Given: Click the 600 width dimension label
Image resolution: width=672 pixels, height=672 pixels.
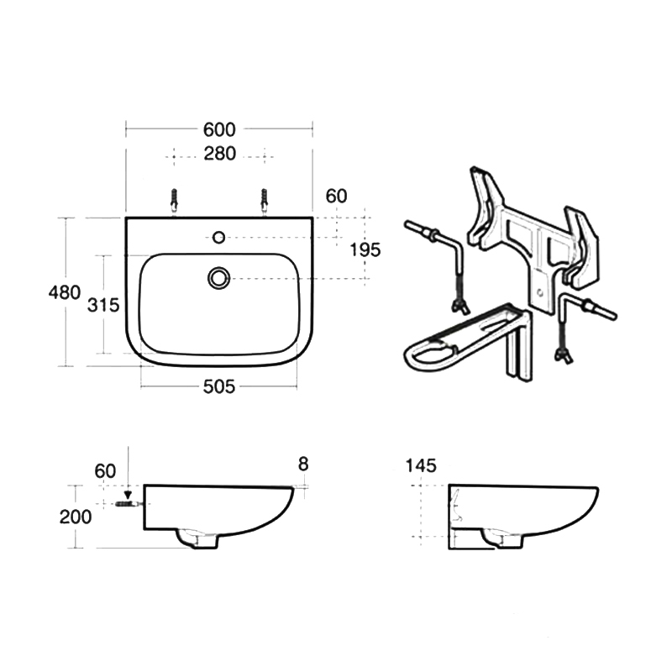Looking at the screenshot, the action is pyautogui.click(x=219, y=129).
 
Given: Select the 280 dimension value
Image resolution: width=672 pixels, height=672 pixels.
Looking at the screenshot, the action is pyautogui.click(x=219, y=154).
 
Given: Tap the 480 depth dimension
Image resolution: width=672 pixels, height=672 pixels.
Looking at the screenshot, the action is pyautogui.click(x=65, y=292).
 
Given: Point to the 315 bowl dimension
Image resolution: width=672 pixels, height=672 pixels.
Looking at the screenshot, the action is pyautogui.click(x=103, y=305).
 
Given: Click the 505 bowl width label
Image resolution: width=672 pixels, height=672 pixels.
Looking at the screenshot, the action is pyautogui.click(x=219, y=386).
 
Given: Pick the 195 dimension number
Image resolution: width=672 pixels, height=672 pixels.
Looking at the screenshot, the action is pyautogui.click(x=365, y=249).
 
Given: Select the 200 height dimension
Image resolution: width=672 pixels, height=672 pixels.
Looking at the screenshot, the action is pyautogui.click(x=76, y=517).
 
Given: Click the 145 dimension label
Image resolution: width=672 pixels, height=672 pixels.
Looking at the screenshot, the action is pyautogui.click(x=421, y=465).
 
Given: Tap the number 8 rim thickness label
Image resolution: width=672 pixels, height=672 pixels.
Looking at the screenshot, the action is pyautogui.click(x=303, y=464).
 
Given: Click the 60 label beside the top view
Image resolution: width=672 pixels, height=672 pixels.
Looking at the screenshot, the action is pyautogui.click(x=336, y=197).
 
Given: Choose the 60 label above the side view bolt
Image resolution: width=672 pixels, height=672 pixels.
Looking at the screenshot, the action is pyautogui.click(x=105, y=471).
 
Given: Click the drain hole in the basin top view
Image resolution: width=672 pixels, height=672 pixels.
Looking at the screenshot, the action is pyautogui.click(x=219, y=278).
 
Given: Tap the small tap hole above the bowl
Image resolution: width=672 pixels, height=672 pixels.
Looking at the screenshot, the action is pyautogui.click(x=219, y=237).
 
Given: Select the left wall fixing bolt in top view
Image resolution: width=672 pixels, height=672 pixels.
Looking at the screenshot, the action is pyautogui.click(x=174, y=201).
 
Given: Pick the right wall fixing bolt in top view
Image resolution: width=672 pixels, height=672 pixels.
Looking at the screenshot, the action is pyautogui.click(x=265, y=201).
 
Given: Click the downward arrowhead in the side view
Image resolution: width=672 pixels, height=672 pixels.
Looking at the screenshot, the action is pyautogui.click(x=128, y=494).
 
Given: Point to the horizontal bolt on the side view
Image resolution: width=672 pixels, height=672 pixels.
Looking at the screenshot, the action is pyautogui.click(x=129, y=504).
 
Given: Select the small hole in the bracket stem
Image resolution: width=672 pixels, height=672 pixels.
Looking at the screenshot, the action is pyautogui.click(x=540, y=292).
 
